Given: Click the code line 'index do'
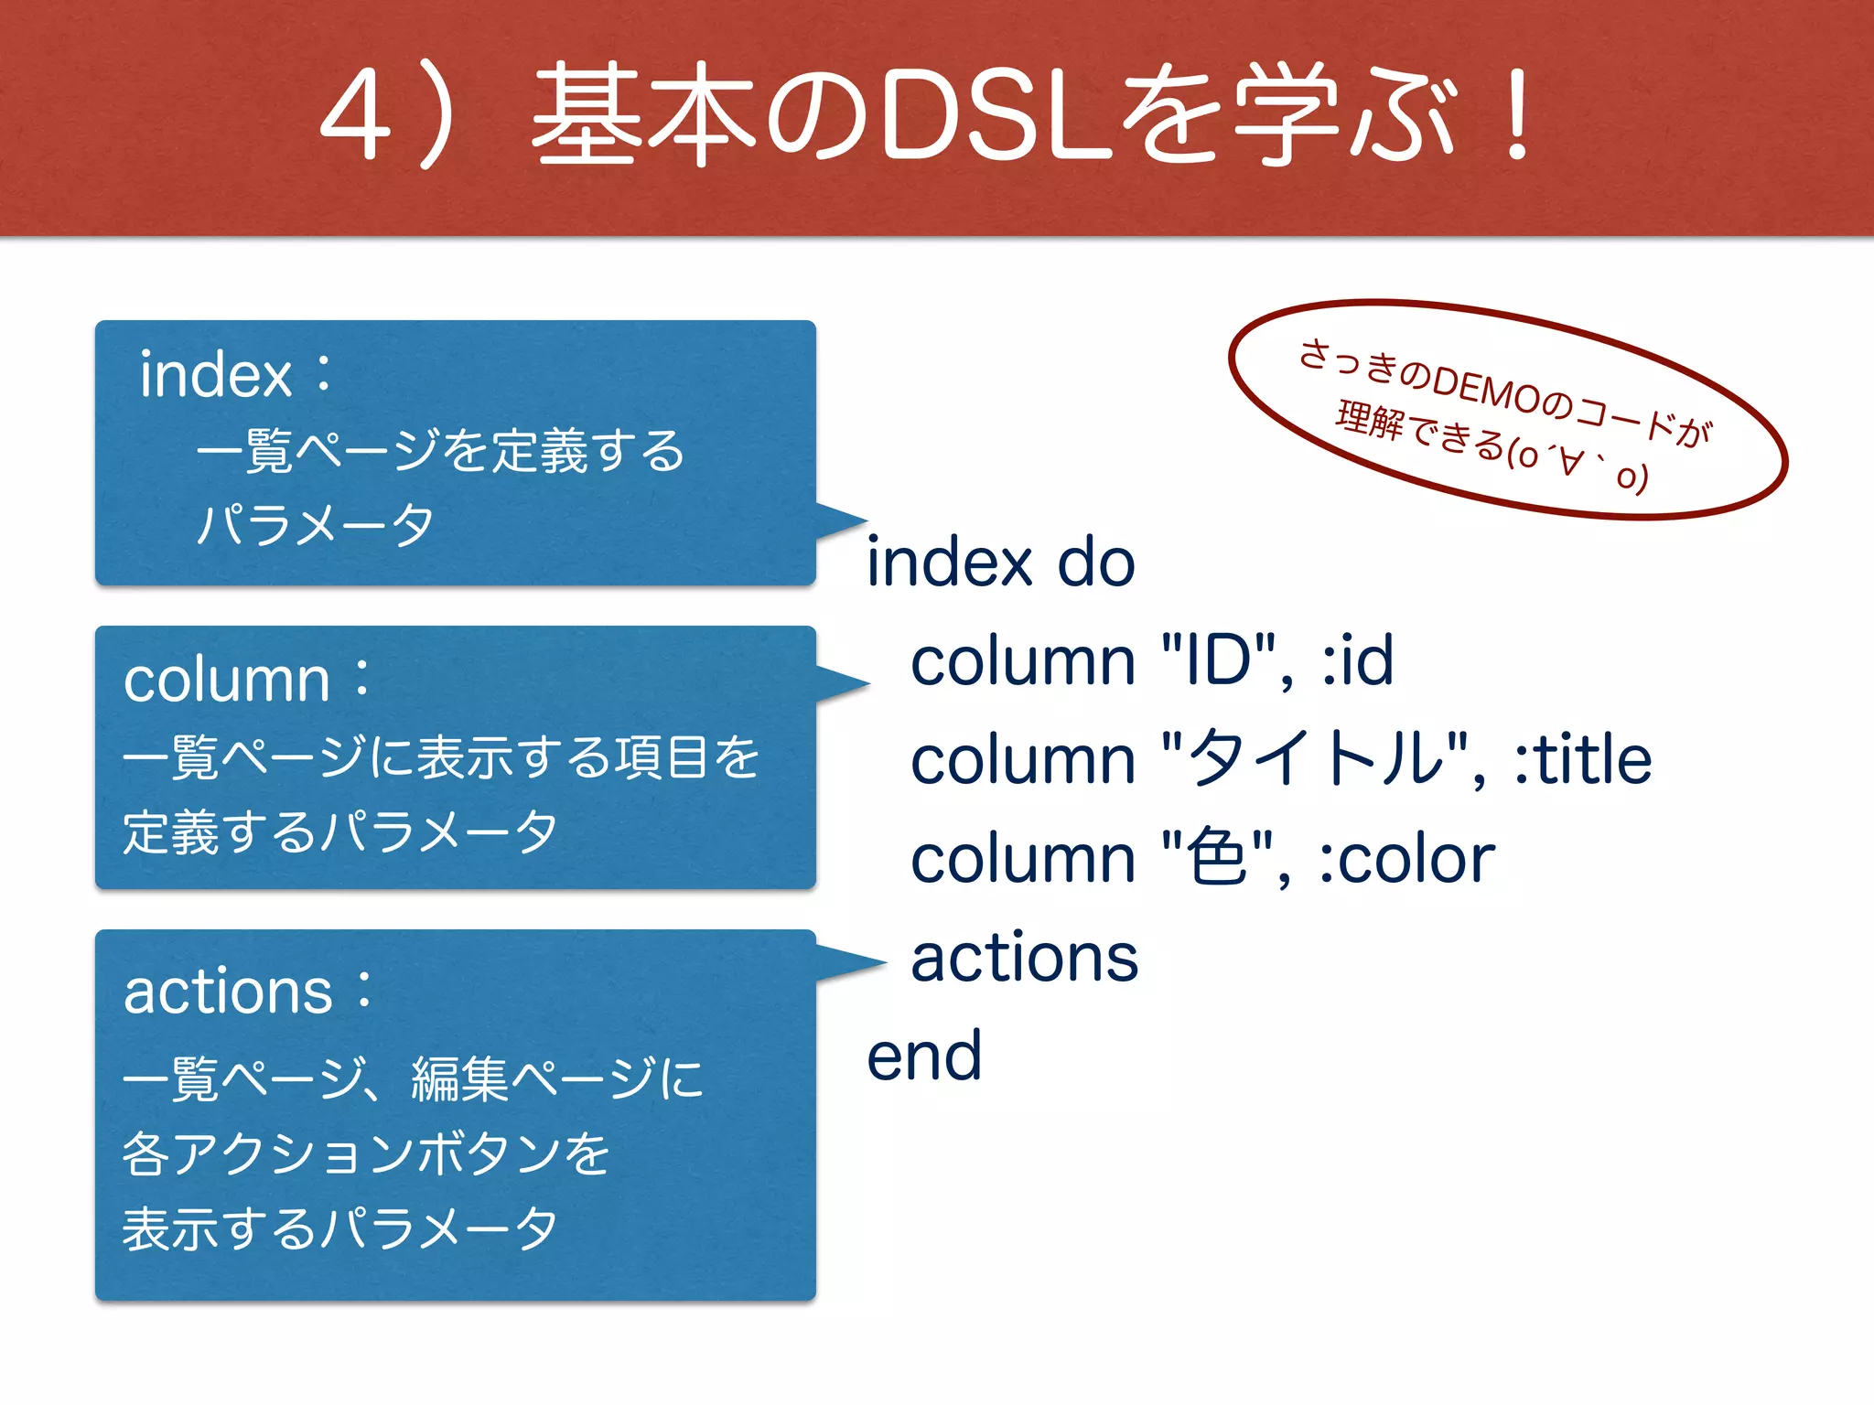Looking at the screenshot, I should [x=1000, y=562].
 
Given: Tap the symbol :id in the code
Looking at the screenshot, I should [x=1358, y=660].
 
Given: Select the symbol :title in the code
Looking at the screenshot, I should [x=1582, y=759].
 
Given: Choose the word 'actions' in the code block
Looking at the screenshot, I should [x=1024, y=959].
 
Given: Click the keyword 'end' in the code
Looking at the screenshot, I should [x=924, y=1057].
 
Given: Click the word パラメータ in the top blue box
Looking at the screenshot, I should [x=316, y=525].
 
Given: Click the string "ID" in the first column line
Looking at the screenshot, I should [x=1218, y=660].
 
